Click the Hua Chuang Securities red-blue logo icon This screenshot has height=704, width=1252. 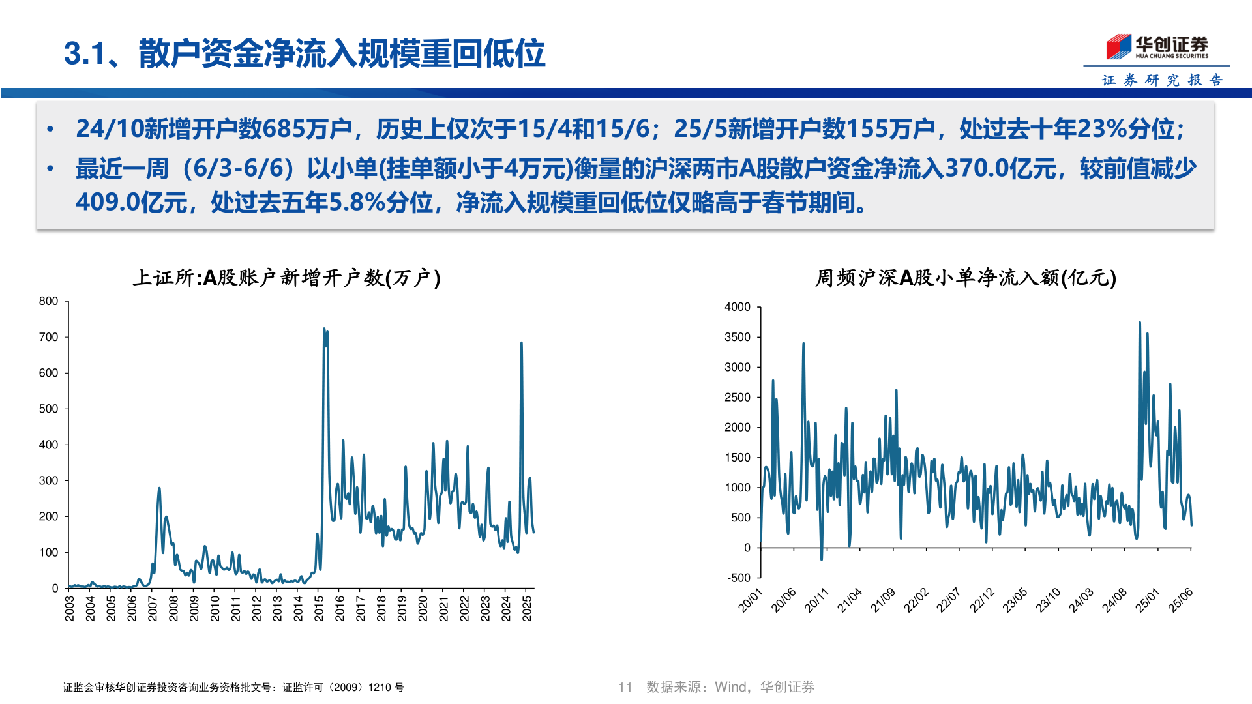[x=1118, y=46]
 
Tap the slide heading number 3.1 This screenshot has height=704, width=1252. [x=85, y=53]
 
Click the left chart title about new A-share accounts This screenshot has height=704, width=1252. [x=287, y=278]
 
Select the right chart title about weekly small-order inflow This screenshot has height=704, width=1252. [x=966, y=278]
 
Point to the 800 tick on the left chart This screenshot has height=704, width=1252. [x=49, y=301]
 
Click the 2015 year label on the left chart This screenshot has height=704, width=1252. [x=319, y=608]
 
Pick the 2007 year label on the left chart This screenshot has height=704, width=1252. [x=153, y=608]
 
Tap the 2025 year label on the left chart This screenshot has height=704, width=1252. [x=527, y=608]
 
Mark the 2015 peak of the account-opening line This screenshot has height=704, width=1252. [x=324, y=329]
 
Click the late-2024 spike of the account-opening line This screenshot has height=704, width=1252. [x=522, y=343]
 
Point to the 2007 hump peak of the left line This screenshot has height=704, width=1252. [x=159, y=488]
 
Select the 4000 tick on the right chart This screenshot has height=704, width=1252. [x=738, y=307]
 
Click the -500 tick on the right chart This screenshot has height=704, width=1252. [x=739, y=578]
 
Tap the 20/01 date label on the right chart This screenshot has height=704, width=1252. [x=750, y=600]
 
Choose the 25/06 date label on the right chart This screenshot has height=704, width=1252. [x=1180, y=600]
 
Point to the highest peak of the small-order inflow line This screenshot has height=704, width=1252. [x=1140, y=323]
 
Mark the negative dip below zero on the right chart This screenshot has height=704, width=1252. [x=822, y=559]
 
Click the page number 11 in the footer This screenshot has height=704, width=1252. [x=625, y=687]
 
